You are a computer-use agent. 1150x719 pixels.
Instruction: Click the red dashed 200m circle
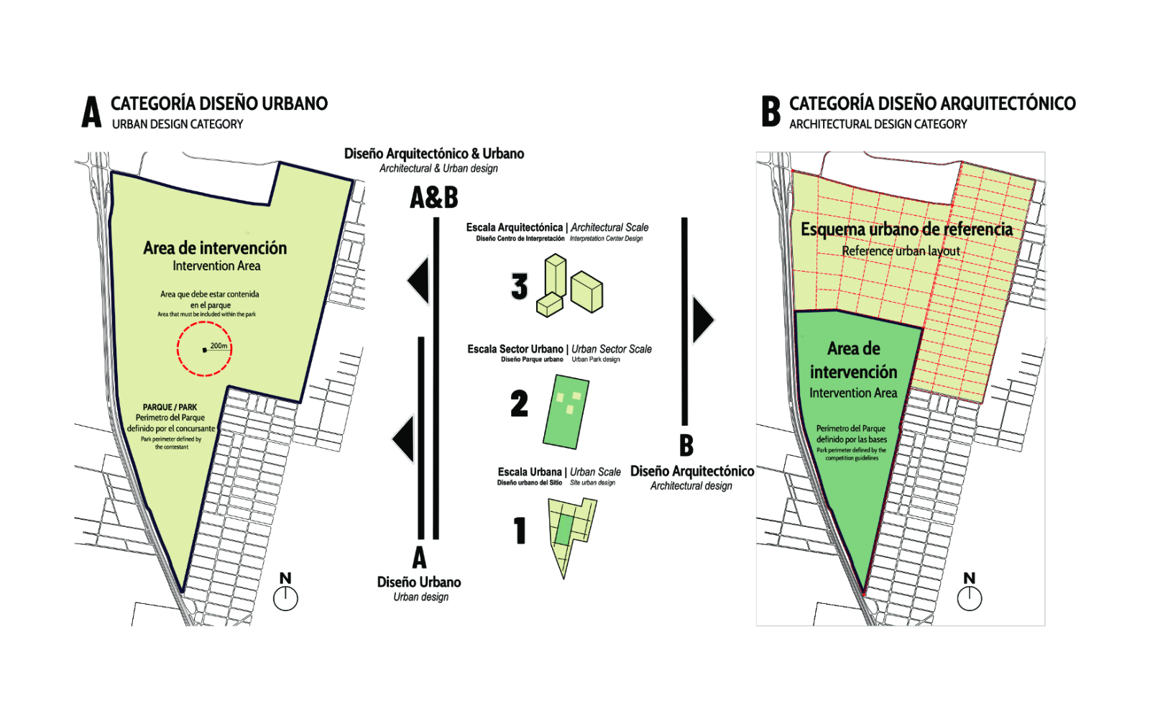204,349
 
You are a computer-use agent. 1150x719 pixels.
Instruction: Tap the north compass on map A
285,597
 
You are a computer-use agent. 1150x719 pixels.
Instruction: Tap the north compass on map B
970,597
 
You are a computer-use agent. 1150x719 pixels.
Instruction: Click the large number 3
519,286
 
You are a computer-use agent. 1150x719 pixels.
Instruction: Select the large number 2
519,403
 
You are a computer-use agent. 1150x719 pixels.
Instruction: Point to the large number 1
520,531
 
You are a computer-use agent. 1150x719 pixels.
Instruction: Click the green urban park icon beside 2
567,411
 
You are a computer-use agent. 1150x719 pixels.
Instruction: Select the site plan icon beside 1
571,536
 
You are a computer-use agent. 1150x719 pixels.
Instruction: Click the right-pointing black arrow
702,319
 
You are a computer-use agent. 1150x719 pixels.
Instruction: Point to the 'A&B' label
433,198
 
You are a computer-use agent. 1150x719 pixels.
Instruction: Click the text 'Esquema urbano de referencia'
906,229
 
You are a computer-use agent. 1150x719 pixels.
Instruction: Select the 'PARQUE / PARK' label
170,407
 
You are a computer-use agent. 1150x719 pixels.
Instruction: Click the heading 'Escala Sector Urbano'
515,349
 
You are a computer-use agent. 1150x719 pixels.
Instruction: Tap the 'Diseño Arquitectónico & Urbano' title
434,154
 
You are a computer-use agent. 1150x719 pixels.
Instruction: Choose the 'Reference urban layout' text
901,251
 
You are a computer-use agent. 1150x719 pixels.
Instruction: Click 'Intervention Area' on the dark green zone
853,393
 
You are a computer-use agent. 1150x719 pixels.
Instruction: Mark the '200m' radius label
219,346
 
